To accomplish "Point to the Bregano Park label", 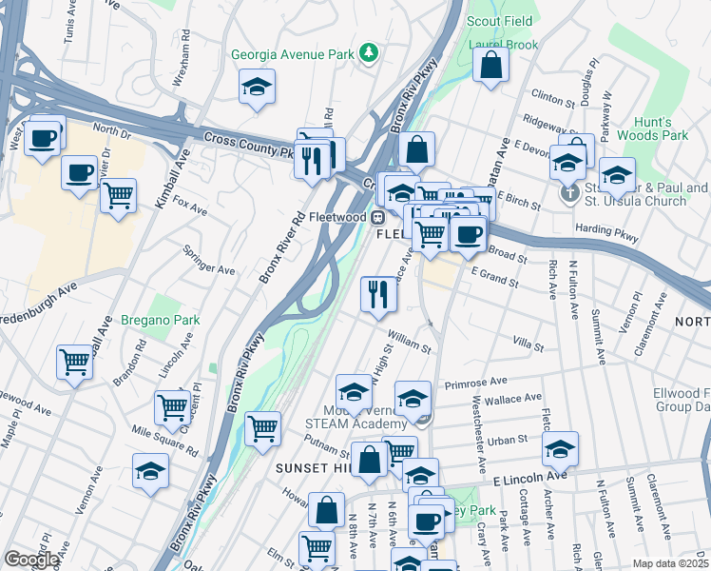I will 161,321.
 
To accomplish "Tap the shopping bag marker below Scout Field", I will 491,67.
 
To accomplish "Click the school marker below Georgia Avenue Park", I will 257,88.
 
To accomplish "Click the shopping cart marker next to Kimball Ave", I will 118,197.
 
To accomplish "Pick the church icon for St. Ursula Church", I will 569,194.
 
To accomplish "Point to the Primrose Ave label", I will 483,382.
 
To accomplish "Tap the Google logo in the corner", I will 31,560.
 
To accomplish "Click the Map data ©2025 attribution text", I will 669,563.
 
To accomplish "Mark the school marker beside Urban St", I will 560,447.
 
